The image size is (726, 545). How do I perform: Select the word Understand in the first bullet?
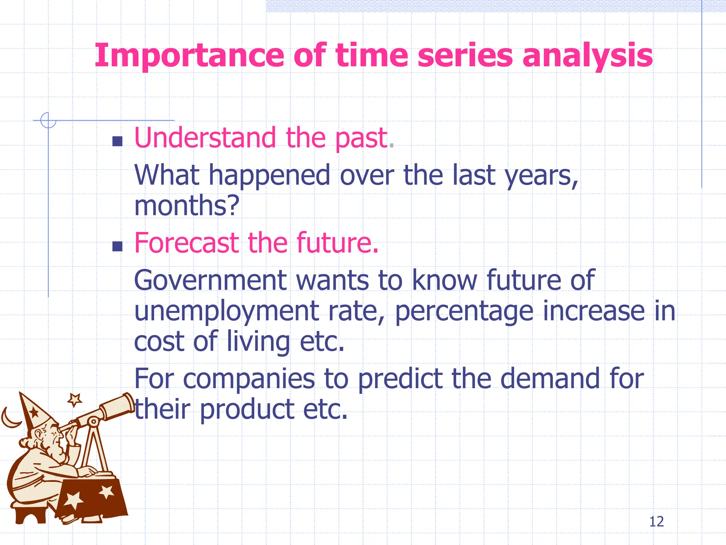coord(205,138)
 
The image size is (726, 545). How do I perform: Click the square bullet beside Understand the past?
coord(117,141)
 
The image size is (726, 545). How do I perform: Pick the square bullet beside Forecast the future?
coord(117,246)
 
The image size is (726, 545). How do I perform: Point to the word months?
coord(187,206)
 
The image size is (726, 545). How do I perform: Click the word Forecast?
coord(186,243)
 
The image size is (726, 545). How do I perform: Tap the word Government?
coord(210,280)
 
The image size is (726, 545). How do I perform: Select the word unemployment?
coord(227,311)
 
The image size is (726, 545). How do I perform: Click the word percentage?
coord(464,311)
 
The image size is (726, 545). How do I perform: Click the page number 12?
coord(656,522)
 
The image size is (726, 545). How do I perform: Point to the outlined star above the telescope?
coord(75,400)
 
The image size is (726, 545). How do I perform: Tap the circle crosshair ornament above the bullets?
coord(48,120)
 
